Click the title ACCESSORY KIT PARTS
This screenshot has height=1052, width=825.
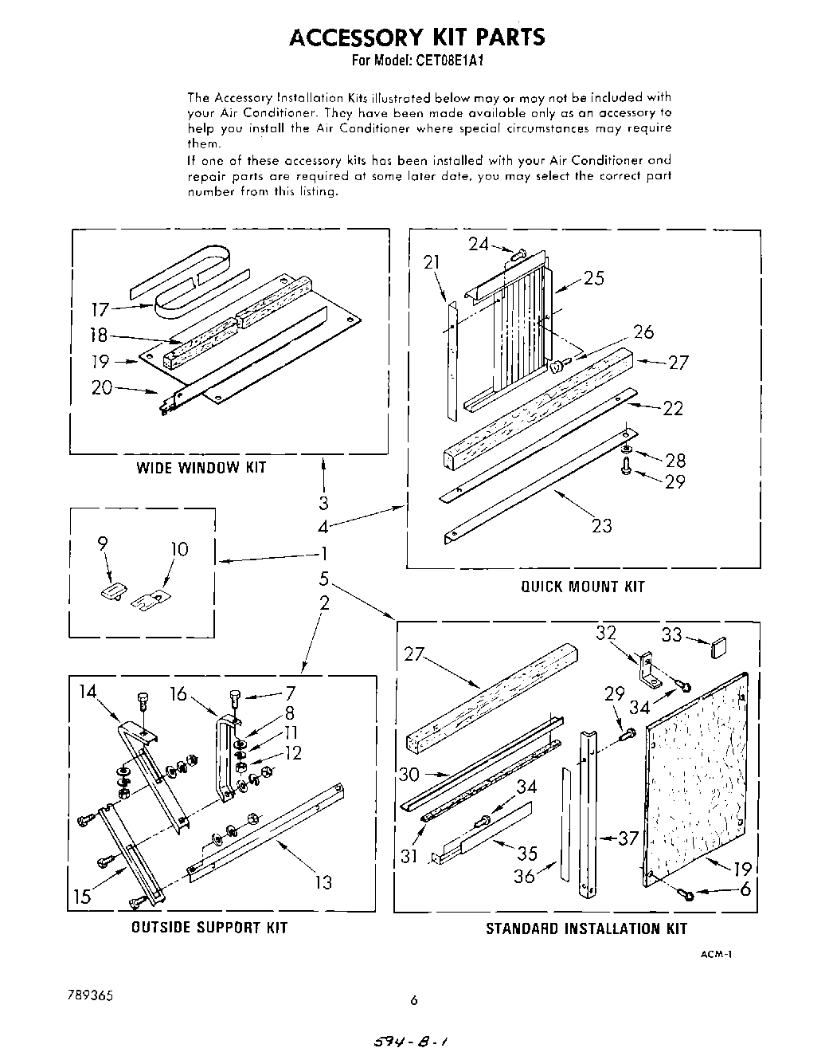[x=416, y=37]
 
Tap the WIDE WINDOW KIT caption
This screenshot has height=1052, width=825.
[x=201, y=468]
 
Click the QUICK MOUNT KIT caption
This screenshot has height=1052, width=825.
[x=583, y=587]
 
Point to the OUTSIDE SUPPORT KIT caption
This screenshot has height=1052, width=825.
[x=209, y=928]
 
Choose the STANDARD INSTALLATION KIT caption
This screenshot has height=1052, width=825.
[x=586, y=928]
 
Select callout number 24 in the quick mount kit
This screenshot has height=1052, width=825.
[x=479, y=244]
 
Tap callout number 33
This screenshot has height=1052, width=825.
[x=671, y=634]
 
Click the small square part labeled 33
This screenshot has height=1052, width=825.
[x=720, y=645]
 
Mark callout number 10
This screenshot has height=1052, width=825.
[x=180, y=549]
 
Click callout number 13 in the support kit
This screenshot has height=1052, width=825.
[x=323, y=882]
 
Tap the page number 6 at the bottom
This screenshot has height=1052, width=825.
[x=413, y=1001]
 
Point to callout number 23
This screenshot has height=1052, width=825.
[x=602, y=525]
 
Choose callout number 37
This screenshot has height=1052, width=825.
[x=629, y=838]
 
